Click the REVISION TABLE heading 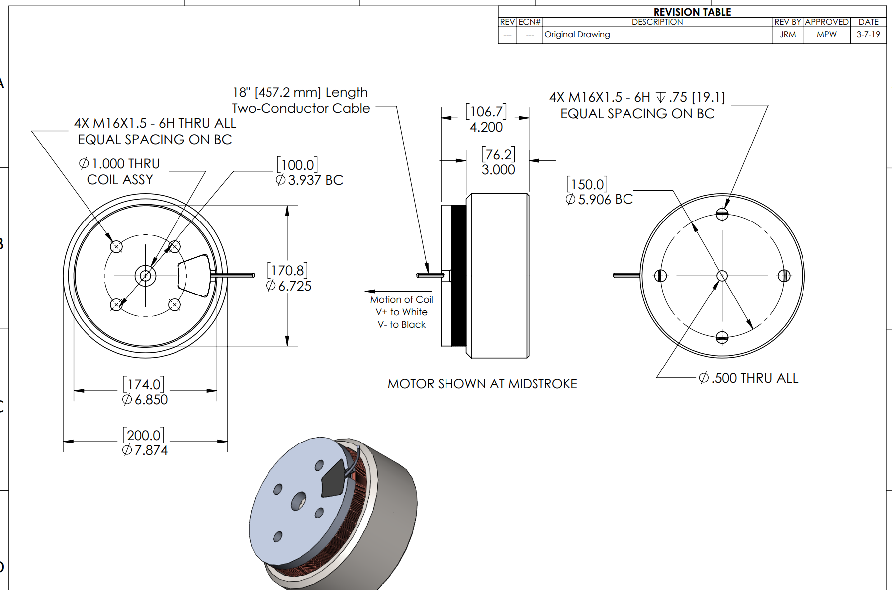pos(692,12)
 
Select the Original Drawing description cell pos(577,34)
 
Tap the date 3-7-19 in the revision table pos(868,34)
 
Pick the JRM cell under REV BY pos(788,34)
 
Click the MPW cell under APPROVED pos(827,34)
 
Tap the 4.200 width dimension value pos(486,127)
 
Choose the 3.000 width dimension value pos(498,170)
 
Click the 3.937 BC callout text pos(310,180)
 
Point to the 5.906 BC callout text pos(600,199)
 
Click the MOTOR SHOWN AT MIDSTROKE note pos(482,384)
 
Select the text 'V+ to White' pos(402,312)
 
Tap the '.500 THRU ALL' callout pos(748,378)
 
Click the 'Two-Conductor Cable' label pos(301,108)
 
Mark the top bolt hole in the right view pos(722,214)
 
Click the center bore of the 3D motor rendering pos(298,501)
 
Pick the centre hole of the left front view pos(145,276)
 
